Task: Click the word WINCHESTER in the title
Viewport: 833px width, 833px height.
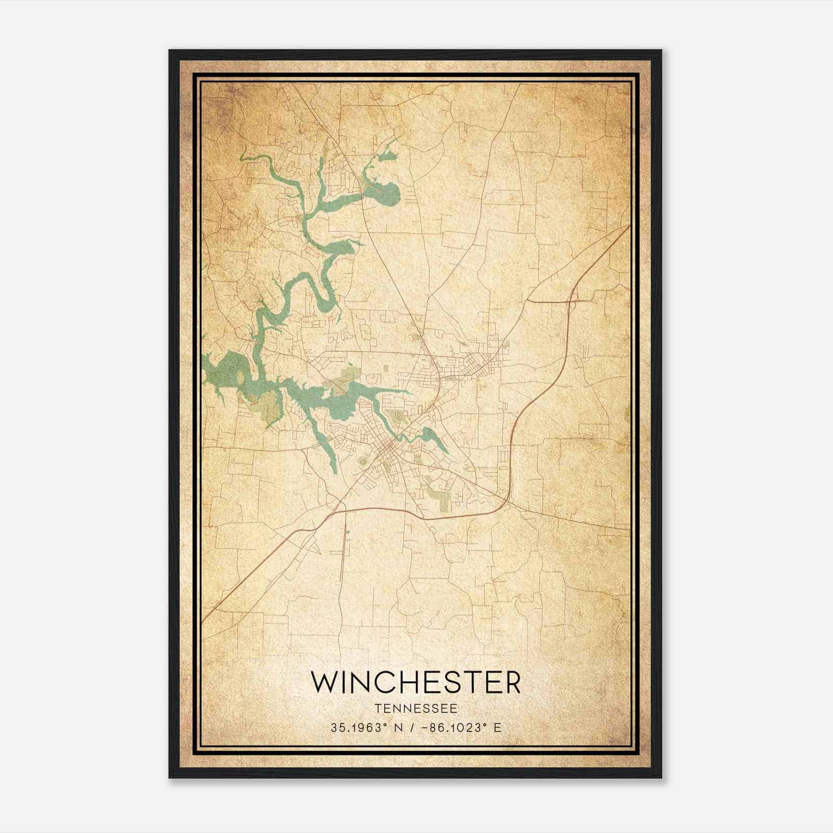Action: click(415, 682)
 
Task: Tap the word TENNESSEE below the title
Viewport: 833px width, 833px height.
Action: click(415, 708)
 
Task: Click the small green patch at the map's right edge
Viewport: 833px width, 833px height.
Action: click(627, 414)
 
